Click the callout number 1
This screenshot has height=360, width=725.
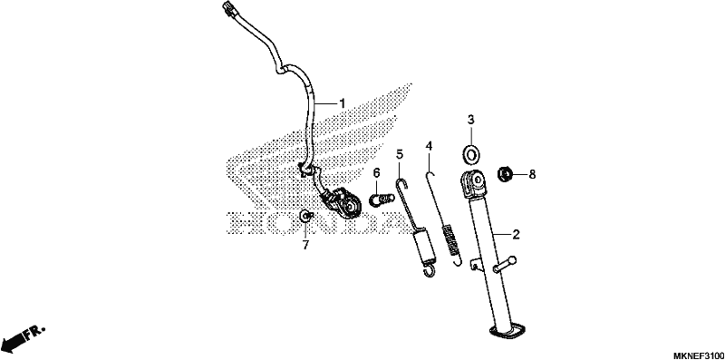(343, 102)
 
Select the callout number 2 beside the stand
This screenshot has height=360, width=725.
(517, 234)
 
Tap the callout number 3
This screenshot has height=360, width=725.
(470, 121)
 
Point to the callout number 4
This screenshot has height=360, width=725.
(429, 146)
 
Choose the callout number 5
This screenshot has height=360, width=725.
(400, 153)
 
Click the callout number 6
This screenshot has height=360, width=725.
(376, 173)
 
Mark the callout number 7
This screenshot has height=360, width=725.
(305, 245)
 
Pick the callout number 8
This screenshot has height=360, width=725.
(532, 174)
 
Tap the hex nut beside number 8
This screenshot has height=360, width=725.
(505, 174)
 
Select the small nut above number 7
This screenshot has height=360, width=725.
(305, 215)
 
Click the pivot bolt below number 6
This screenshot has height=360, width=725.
(382, 199)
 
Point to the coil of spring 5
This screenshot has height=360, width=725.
(423, 249)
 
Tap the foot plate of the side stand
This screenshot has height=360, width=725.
(507, 331)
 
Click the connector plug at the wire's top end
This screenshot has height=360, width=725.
(229, 8)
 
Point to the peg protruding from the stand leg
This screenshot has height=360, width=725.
(505, 264)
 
